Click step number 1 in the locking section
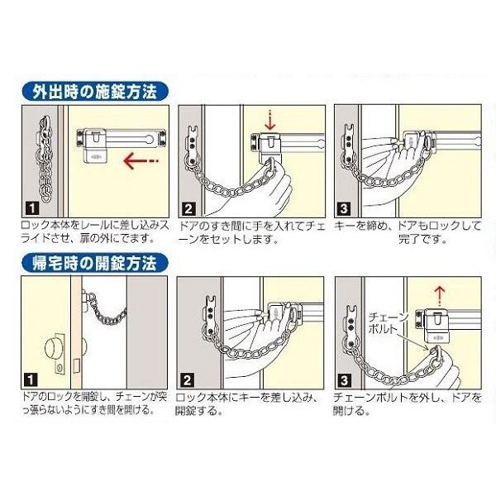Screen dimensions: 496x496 pyautogui.click(x=31, y=208)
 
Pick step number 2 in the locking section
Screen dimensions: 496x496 pyautogui.click(x=187, y=208)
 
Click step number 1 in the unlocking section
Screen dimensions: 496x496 pyautogui.click(x=31, y=379)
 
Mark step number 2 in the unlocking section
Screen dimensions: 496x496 pyautogui.click(x=187, y=379)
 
